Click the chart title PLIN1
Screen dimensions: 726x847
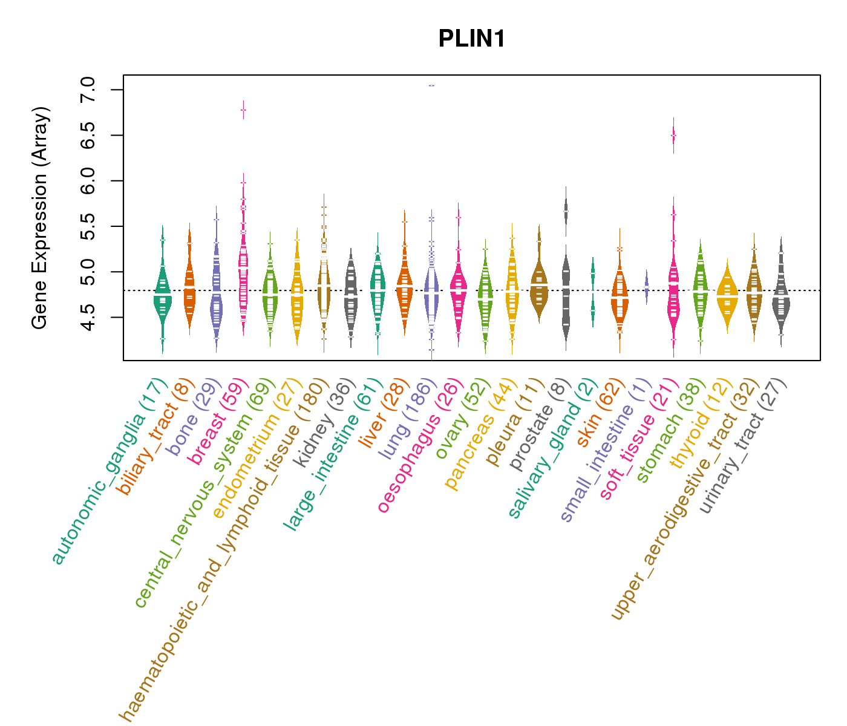point(471,39)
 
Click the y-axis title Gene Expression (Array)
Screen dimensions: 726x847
point(40,218)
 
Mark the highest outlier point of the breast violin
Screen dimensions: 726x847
point(243,110)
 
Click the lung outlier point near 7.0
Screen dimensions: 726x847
point(431,85)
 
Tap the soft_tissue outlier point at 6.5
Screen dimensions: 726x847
point(673,136)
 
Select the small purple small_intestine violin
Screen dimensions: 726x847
point(646,286)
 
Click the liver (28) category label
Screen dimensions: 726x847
point(371,414)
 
